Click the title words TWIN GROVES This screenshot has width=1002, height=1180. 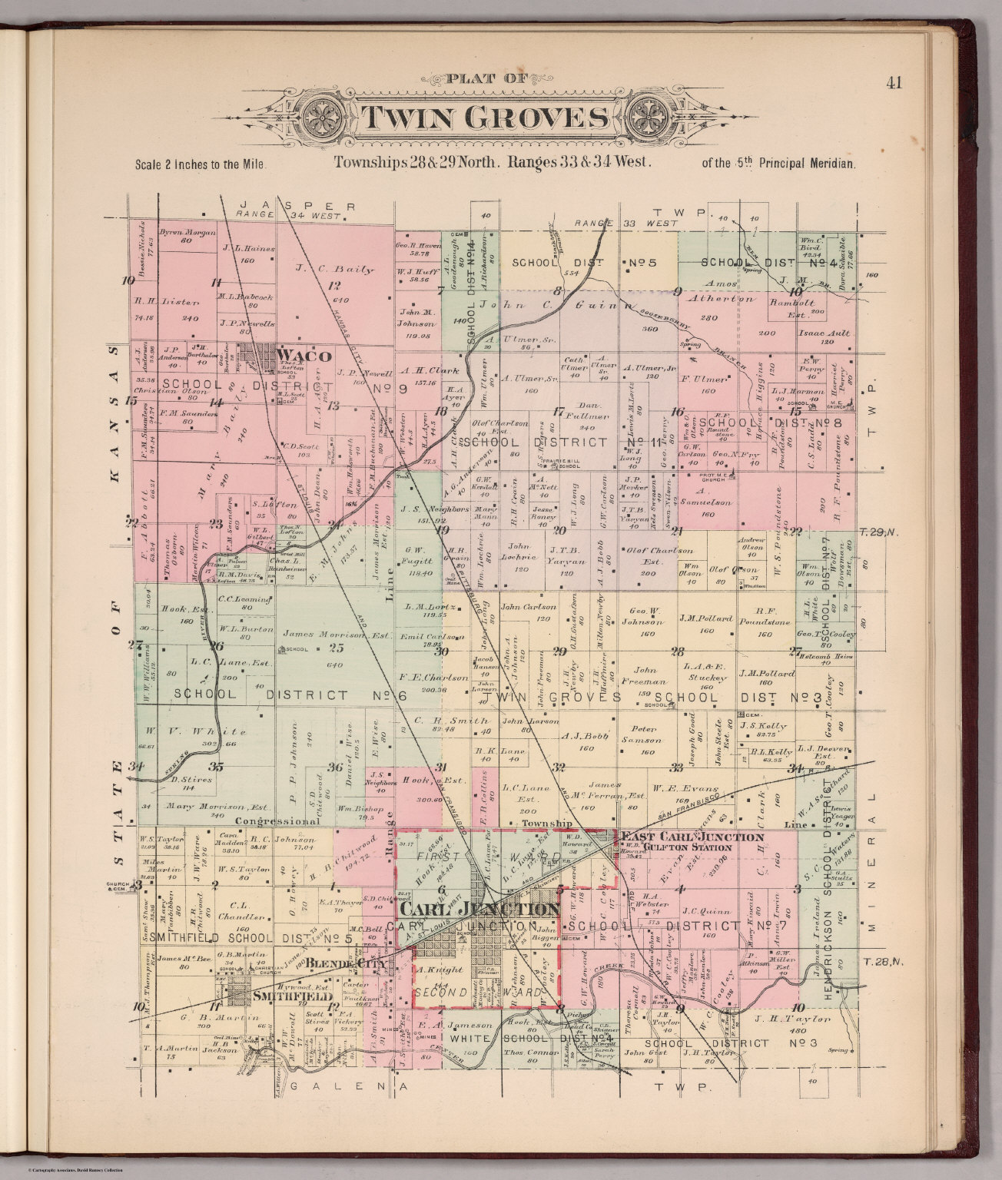tap(483, 118)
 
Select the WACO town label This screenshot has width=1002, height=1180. tap(306, 356)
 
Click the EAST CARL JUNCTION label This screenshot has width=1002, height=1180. tap(692, 837)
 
